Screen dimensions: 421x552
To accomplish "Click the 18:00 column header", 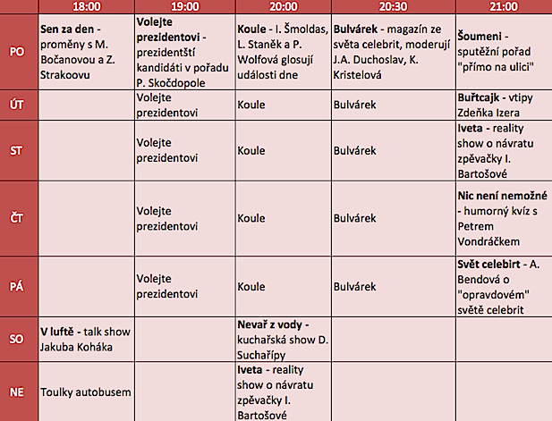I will click(x=86, y=6).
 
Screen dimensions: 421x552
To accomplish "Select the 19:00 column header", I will click(x=184, y=6).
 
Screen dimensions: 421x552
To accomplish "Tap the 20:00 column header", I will click(x=282, y=6).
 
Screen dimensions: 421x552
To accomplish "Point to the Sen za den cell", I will click(x=86, y=51).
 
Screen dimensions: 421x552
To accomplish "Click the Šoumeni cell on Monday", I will click(x=501, y=51).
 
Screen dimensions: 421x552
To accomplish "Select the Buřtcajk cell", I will click(x=501, y=105).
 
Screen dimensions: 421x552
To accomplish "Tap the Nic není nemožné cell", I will click(x=501, y=217).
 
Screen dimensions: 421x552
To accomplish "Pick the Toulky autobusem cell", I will click(x=86, y=391).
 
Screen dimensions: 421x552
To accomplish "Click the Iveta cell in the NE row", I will click(x=282, y=391).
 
